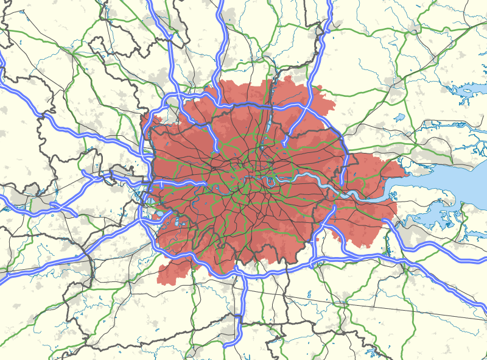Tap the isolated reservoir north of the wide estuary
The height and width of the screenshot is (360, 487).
coord(399,117)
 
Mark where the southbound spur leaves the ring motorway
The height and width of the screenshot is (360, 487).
coord(242,275)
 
